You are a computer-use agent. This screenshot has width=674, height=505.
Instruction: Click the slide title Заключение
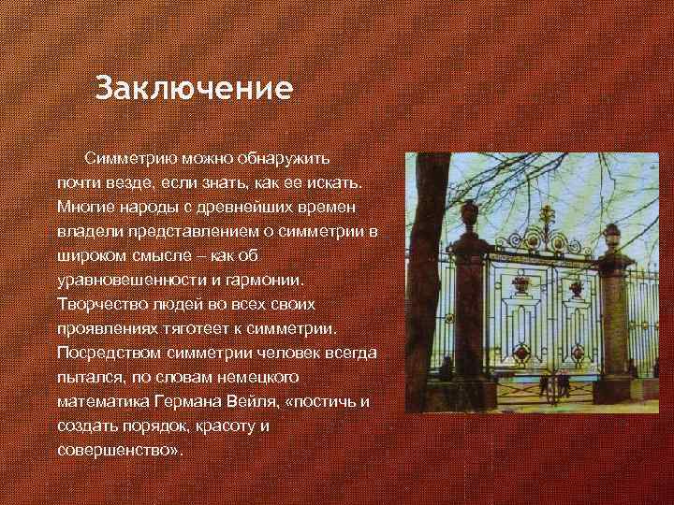click(x=195, y=90)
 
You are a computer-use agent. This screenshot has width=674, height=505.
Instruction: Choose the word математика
click(x=104, y=401)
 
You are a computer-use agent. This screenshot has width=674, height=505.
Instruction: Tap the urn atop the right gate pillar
click(x=611, y=235)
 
